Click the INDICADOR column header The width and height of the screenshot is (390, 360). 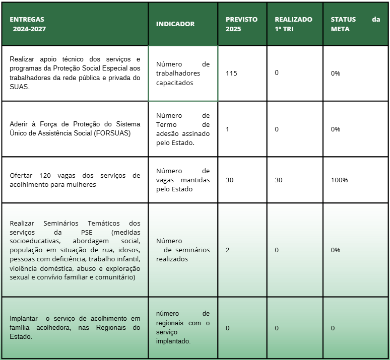coord(175,24)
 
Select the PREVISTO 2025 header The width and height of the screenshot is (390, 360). coord(241,24)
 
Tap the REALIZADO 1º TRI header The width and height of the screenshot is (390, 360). coord(293,24)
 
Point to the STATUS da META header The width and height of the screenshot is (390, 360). coord(355,24)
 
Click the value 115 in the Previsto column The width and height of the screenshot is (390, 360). coord(231,73)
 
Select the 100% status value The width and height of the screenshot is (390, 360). coord(339,180)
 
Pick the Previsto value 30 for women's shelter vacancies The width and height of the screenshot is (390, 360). coord(229,180)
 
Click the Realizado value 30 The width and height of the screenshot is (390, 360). coord(279,180)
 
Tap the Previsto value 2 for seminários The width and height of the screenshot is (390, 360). coord(227,250)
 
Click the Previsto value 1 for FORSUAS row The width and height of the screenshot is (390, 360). coord(227,129)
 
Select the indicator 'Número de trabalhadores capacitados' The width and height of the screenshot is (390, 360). coord(182,74)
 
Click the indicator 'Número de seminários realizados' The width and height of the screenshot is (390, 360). coord(182,250)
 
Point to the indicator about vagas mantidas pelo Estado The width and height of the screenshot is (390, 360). coord(182,180)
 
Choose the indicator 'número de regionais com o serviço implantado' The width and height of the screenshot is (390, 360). coord(182,327)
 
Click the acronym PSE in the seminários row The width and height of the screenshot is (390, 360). coord(87,232)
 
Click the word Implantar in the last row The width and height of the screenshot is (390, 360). coord(24,318)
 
